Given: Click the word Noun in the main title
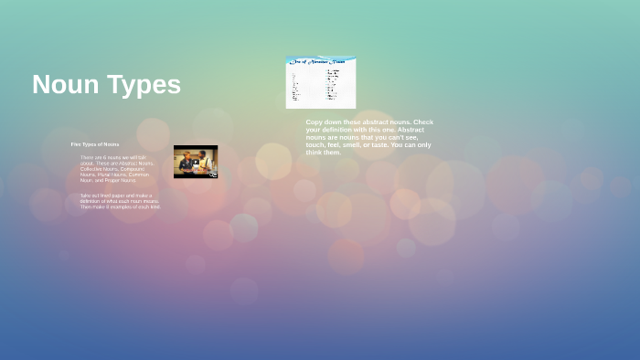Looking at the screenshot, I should tap(66, 85).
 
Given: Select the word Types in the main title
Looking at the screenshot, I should tap(144, 85).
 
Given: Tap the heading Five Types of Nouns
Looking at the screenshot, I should tap(95, 144).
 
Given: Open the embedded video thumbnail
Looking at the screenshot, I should tap(196, 162).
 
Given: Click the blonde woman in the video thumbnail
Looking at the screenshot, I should tap(187, 163).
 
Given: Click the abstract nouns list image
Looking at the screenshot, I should tap(320, 83).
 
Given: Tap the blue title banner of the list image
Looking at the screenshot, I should tap(320, 61).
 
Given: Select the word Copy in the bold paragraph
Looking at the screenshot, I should tap(315, 122).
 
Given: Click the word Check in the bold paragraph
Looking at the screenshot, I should tap(424, 122).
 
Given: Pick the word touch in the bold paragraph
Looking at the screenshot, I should tap(315, 144).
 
